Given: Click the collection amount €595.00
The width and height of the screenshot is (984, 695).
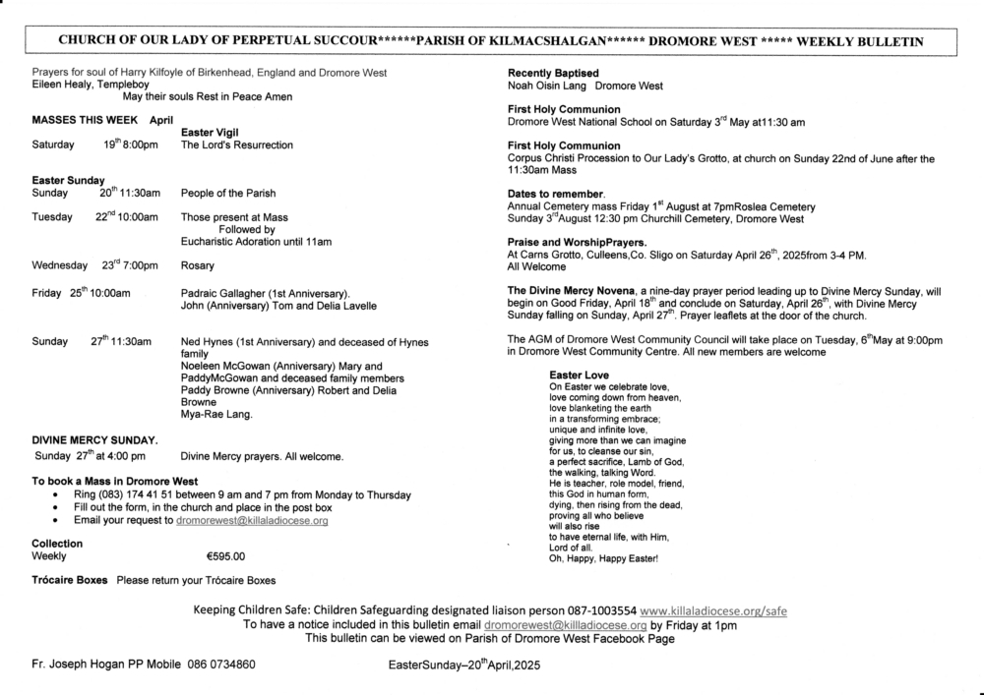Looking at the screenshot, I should click(225, 556).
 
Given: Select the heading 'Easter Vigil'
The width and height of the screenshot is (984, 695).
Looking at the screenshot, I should click(212, 132).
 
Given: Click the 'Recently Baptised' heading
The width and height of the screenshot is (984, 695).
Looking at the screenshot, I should click(553, 74).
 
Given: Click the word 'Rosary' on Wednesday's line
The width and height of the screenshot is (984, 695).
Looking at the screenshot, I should click(198, 265).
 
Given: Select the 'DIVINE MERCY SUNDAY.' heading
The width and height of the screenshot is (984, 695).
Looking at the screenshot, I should click(94, 439).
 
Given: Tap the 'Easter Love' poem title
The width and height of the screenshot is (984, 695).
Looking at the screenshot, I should click(579, 376).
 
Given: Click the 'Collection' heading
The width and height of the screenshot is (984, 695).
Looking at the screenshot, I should click(57, 544).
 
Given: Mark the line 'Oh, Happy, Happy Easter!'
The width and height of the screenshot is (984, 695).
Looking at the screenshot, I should click(603, 559).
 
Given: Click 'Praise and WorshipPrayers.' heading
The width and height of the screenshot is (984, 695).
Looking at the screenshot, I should click(577, 242).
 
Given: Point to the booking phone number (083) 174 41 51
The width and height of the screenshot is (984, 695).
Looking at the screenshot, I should click(153, 494).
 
